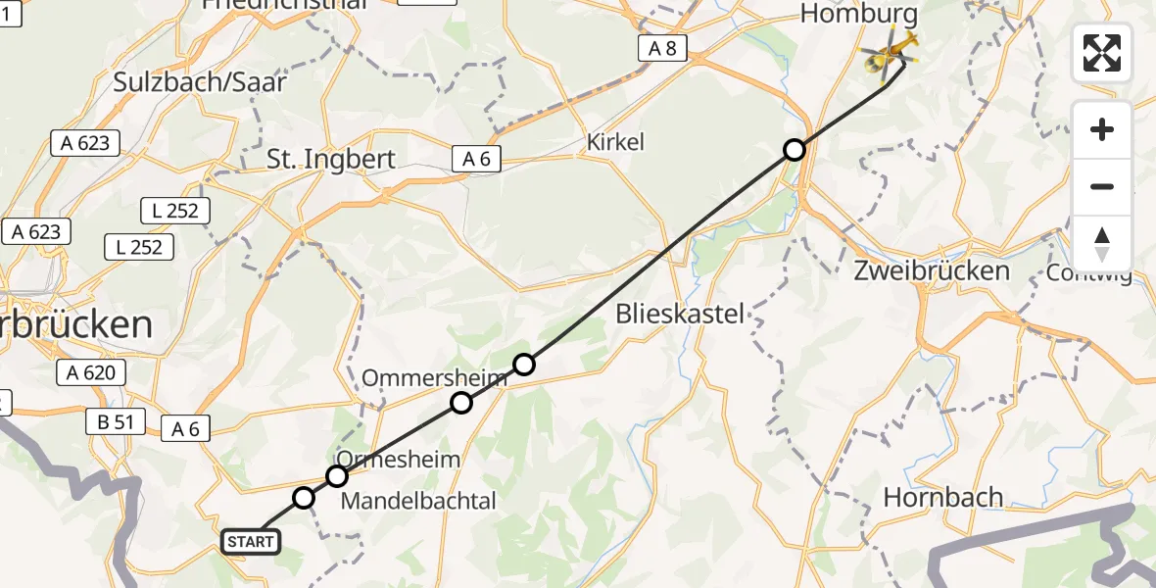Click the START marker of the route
tap(252, 541)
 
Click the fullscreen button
tap(1102, 53)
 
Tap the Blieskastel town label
tap(681, 315)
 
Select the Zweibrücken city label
tap(931, 270)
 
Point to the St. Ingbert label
tap(330, 159)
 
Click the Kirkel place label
tap(615, 142)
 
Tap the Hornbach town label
tap(942, 497)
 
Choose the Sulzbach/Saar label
tap(200, 81)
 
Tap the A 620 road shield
tap(92, 372)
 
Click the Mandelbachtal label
tap(418, 501)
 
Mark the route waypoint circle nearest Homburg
tap(795, 150)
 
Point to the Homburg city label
tap(845, 14)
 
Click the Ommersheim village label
tap(434, 377)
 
